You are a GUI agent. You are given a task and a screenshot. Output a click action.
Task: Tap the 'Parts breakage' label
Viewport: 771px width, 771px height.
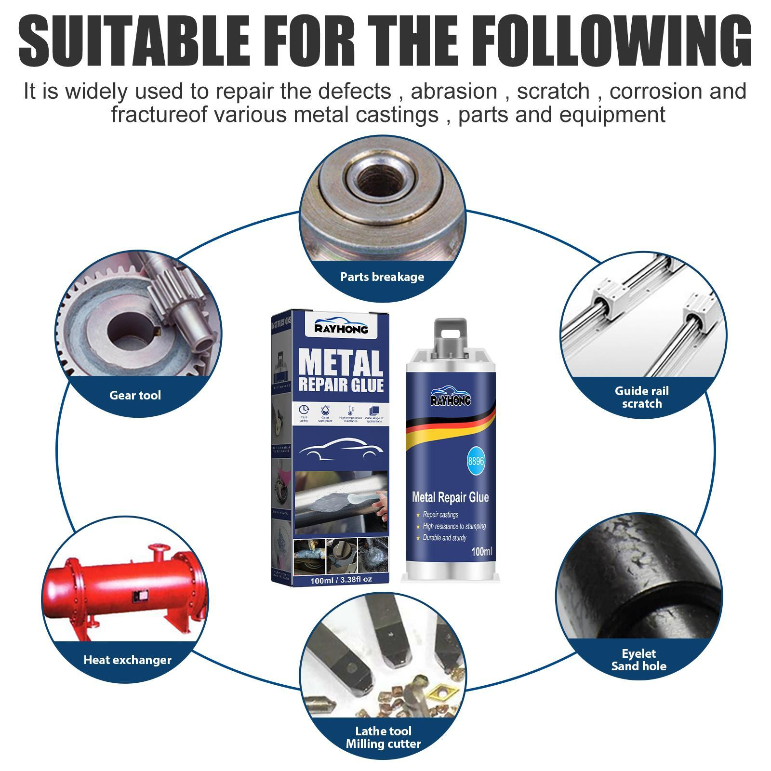coord(382,277)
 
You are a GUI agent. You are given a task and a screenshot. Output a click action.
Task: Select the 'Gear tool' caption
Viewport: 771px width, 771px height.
coord(135,396)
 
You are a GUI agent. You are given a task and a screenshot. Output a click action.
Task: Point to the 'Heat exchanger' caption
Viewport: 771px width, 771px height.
coord(127,660)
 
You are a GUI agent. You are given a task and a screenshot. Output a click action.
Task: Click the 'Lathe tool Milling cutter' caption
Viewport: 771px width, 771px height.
coord(384,737)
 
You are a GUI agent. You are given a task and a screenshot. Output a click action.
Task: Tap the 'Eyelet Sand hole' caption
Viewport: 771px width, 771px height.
coord(638,660)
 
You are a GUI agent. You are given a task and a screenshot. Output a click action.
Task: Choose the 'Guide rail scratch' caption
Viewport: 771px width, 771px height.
coord(641,398)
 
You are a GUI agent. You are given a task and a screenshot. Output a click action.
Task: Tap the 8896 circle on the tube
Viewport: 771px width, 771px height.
coord(476,461)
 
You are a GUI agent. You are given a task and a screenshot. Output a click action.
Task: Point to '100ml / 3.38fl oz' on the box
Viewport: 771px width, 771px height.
coord(341,580)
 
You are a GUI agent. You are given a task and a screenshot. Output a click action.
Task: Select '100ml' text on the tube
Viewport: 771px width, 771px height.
coord(481,551)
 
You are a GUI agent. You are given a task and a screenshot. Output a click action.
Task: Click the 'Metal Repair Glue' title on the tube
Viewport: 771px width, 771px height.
coord(450,497)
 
